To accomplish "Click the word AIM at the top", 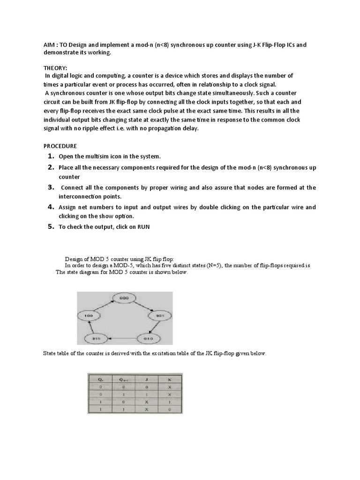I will tap(44, 45).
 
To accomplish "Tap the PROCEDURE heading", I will tap(60, 146).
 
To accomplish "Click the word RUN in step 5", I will tap(143, 227).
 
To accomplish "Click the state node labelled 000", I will tap(124, 298).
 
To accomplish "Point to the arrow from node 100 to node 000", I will tap(103, 307).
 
